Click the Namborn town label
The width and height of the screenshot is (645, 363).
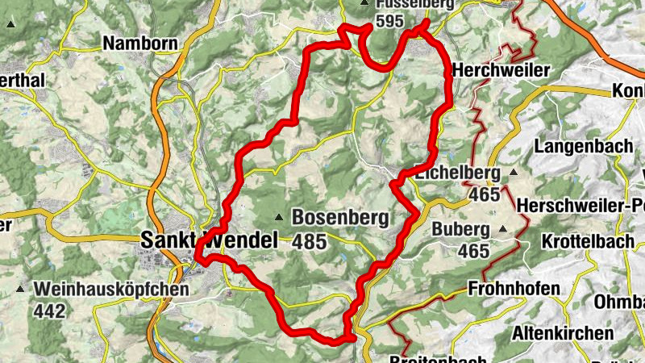click(x=133, y=43)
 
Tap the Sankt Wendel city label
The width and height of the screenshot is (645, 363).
click(x=209, y=240)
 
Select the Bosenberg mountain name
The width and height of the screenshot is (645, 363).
click(x=340, y=217)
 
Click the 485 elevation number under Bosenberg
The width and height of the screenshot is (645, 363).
click(x=309, y=241)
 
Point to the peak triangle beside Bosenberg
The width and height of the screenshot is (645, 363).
click(x=278, y=217)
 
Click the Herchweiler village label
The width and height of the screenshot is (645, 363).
click(x=501, y=70)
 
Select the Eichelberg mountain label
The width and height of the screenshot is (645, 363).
click(x=457, y=172)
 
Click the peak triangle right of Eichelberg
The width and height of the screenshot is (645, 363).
click(x=513, y=172)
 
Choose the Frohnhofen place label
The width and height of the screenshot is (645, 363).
click(x=514, y=289)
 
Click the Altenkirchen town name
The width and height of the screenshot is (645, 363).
click(x=563, y=332)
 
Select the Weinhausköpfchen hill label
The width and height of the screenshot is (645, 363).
click(x=111, y=288)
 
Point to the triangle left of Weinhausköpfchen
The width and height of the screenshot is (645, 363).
click(x=19, y=288)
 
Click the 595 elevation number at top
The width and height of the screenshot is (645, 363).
click(x=389, y=22)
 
